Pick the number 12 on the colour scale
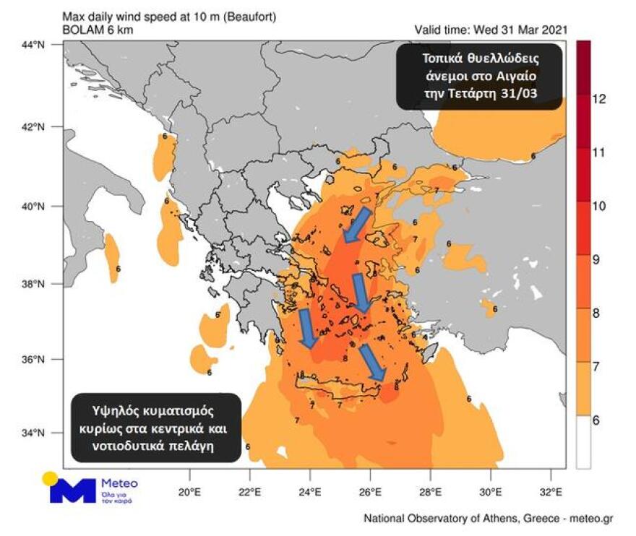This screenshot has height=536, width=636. pos(598,99)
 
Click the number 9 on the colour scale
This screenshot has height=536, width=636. pos(596,259)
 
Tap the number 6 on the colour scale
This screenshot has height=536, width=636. pos(596,420)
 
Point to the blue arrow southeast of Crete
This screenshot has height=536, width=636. pos(373,361)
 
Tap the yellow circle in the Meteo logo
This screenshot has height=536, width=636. pos(50,478)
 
